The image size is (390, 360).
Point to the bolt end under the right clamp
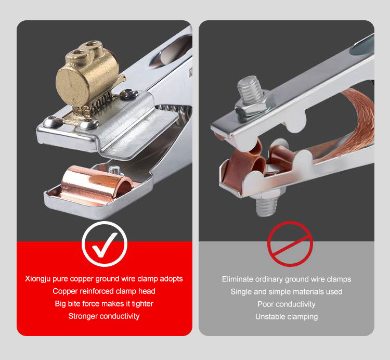(x=266, y=205)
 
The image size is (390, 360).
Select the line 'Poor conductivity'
(x=287, y=304)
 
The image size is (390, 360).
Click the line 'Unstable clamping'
(x=287, y=317)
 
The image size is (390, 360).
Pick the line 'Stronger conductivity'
(x=104, y=316)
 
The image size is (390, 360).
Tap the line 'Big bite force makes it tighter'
(x=104, y=304)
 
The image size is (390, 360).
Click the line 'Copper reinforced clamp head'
(x=104, y=291)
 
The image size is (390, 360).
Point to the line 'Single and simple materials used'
(x=287, y=291)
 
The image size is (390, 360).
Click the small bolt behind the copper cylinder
(x=115, y=171)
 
